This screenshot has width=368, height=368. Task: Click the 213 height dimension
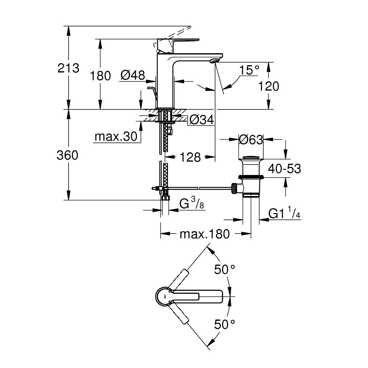click(x=69, y=68)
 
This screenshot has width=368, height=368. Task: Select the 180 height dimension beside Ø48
click(x=100, y=76)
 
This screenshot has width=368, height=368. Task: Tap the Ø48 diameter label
click(x=133, y=75)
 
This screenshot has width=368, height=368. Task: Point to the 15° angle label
click(x=249, y=70)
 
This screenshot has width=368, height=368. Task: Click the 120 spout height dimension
click(x=269, y=86)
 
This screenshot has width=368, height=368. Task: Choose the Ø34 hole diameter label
click(x=202, y=120)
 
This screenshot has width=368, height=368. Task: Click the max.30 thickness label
click(x=116, y=136)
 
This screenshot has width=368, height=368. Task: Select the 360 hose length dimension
click(x=67, y=155)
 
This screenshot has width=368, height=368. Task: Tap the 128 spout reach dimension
click(x=190, y=157)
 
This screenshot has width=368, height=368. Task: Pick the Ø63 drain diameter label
click(x=251, y=140)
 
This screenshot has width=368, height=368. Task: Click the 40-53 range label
click(x=284, y=169)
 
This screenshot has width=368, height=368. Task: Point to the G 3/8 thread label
click(x=192, y=203)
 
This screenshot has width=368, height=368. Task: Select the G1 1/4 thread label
click(x=284, y=212)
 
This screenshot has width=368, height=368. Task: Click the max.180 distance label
click(x=205, y=234)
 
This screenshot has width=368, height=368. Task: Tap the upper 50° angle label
click(x=224, y=269)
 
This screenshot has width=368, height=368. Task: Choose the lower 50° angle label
click(x=224, y=325)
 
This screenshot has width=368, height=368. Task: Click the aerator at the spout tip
click(x=214, y=61)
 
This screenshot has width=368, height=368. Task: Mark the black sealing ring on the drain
click(x=251, y=177)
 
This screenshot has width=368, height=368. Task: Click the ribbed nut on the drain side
click(x=234, y=188)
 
